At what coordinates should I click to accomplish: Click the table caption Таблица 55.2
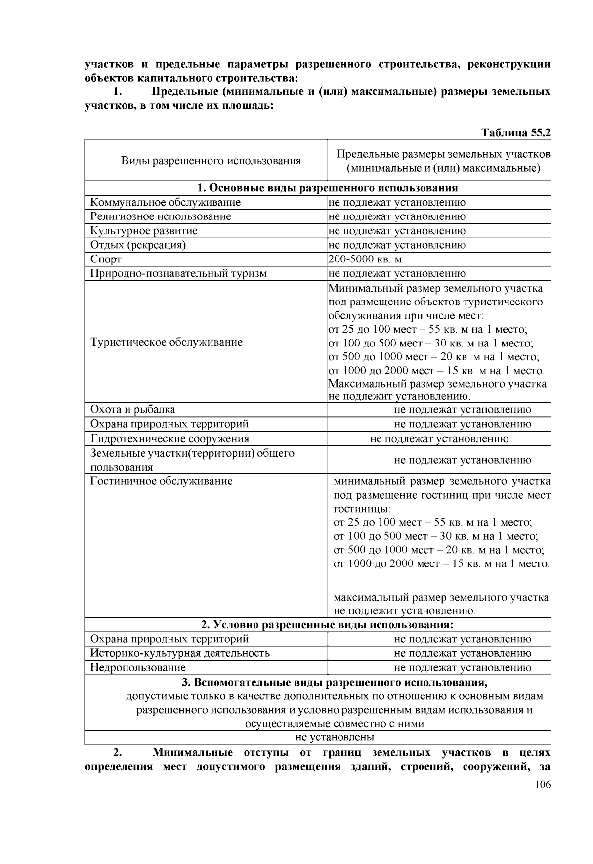tap(516, 132)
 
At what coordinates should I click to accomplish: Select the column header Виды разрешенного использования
tap(211, 161)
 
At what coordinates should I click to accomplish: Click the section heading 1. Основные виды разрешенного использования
tap(327, 188)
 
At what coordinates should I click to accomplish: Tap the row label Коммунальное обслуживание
tap(166, 202)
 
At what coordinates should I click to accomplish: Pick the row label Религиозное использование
tap(161, 216)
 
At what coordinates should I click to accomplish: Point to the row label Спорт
tap(106, 259)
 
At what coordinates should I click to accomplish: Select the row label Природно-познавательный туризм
tap(178, 273)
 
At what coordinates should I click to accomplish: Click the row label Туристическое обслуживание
tap(167, 342)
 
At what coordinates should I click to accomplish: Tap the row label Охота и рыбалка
tap(132, 409)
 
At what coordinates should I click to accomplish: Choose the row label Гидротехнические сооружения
tap(169, 439)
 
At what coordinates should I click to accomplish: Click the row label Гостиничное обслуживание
tap(161, 481)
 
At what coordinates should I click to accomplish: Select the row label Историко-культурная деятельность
tap(180, 653)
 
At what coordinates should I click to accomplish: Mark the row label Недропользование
tap(138, 668)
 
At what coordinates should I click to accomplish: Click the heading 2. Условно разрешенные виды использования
tap(327, 625)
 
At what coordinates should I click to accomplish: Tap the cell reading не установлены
tap(335, 737)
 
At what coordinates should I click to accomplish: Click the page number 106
tap(543, 785)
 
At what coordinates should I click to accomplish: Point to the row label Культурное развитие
tap(144, 231)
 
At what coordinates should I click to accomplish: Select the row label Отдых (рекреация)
tap(138, 245)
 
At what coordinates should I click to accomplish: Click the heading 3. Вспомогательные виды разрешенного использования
tap(335, 683)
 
